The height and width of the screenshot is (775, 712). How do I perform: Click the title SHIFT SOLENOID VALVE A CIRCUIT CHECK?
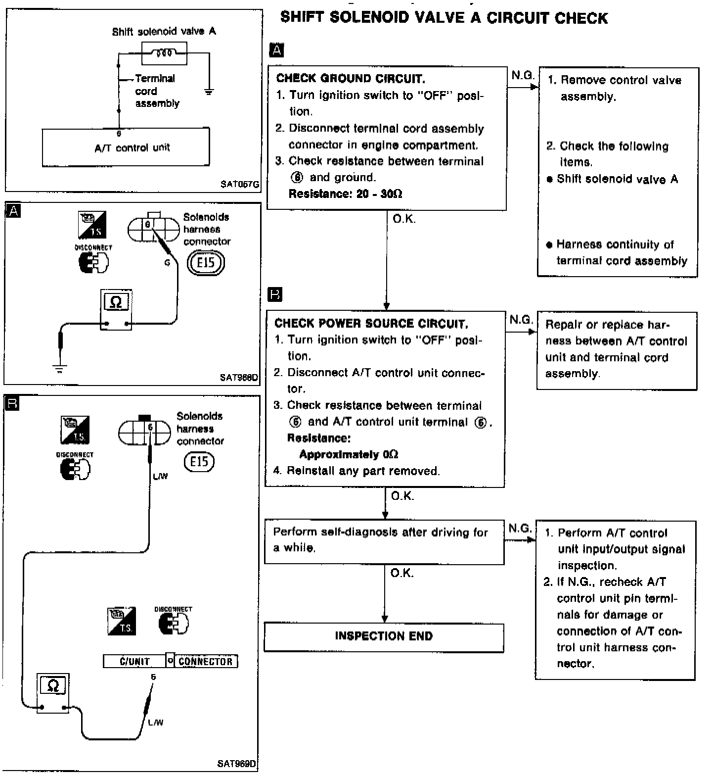tap(444, 18)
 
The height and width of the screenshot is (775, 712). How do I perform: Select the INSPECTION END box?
tap(384, 636)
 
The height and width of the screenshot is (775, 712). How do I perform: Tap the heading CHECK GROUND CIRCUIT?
tap(350, 78)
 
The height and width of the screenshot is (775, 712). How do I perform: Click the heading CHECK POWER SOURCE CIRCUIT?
tap(371, 324)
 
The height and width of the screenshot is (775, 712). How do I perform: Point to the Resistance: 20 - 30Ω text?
tap(345, 194)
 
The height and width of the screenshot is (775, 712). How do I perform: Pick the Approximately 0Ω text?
tap(349, 454)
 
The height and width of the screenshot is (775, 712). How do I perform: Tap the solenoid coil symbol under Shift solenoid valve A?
tap(164, 53)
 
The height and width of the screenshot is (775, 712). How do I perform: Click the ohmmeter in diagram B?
tap(53, 693)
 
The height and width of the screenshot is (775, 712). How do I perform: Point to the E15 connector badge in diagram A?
tap(206, 262)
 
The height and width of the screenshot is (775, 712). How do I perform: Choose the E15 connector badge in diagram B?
tap(199, 462)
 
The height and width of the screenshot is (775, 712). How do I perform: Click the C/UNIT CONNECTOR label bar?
tap(170, 661)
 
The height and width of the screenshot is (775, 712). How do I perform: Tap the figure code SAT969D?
tap(237, 764)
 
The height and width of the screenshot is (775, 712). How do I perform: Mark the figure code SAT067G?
tap(240, 185)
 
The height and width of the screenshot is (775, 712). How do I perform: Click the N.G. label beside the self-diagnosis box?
tap(520, 529)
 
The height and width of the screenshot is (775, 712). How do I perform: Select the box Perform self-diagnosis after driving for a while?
tap(384, 540)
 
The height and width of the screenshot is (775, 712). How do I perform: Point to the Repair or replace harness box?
tap(617, 350)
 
